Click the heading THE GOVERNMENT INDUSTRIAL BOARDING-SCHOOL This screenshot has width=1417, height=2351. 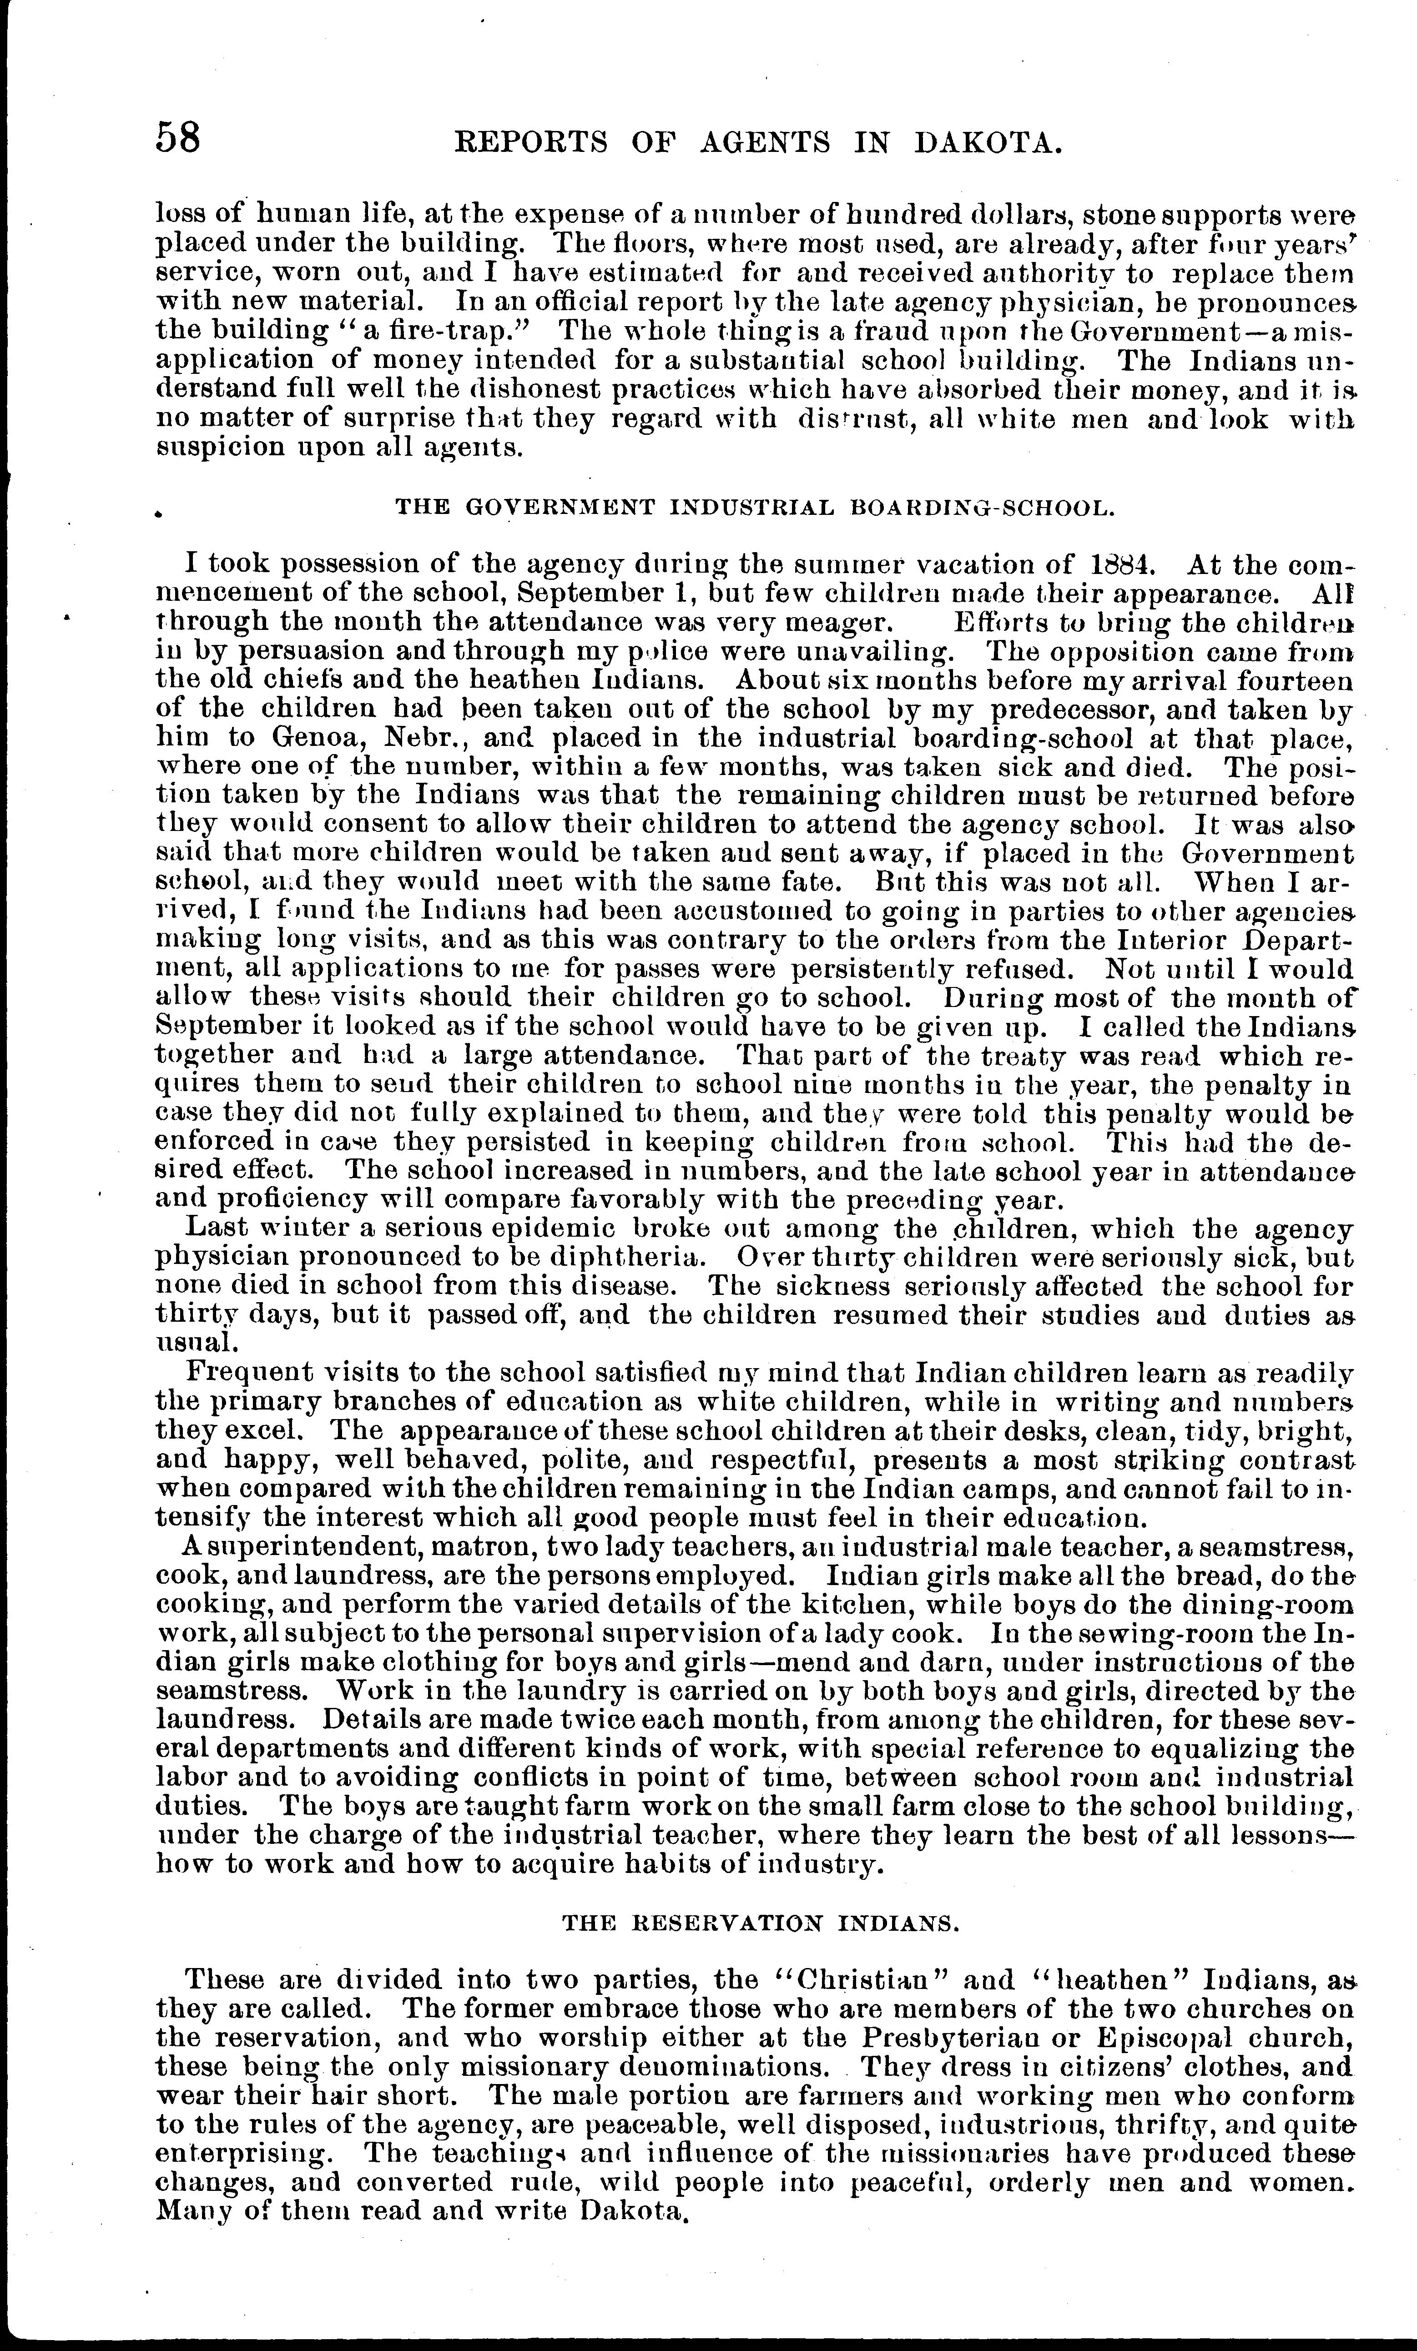coord(755,508)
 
